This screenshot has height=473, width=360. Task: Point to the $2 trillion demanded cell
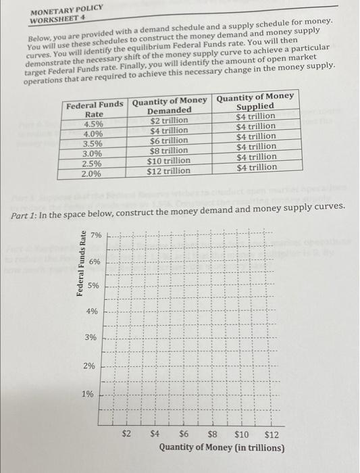tap(168, 121)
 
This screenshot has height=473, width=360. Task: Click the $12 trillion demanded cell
tap(168, 170)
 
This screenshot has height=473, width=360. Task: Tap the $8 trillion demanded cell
tap(168, 151)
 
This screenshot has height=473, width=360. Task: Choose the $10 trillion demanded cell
tap(168, 161)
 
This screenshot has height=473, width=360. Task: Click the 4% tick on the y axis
tap(91, 312)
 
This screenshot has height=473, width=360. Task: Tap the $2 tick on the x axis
tap(126, 434)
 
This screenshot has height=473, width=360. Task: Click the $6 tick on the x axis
tap(184, 434)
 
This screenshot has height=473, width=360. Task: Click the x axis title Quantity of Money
tap(222, 447)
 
